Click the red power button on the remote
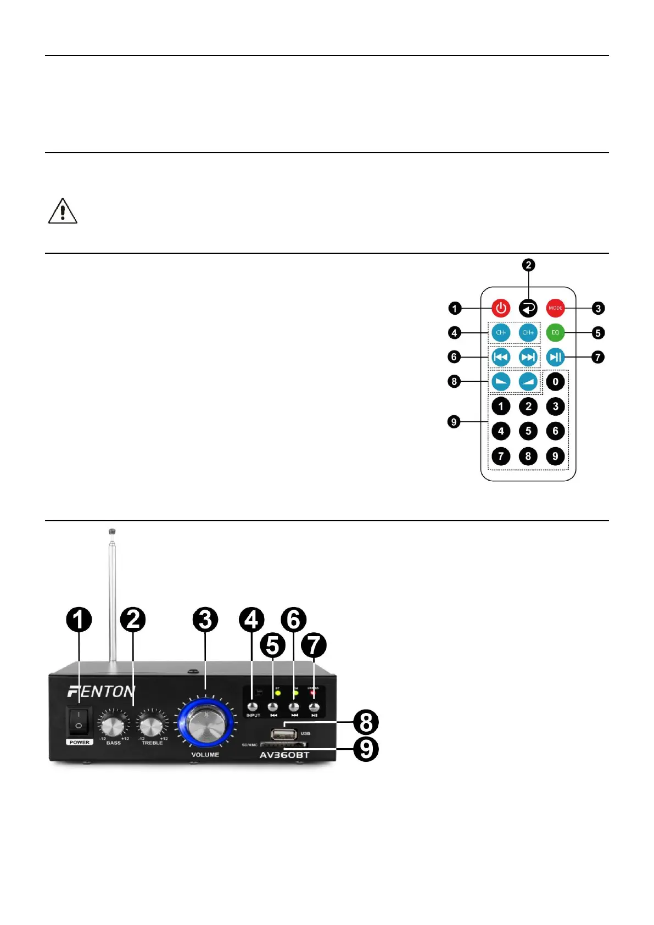click(501, 308)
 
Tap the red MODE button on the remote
click(555, 308)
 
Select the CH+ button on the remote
click(528, 332)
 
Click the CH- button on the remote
click(501, 332)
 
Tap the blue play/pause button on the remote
click(555, 357)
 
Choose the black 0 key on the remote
click(555, 381)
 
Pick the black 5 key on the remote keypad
click(528, 431)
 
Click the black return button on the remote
click(528, 308)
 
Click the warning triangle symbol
click(63, 211)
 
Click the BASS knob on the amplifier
click(113, 726)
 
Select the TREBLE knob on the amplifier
click(151, 726)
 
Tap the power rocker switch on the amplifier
click(79, 721)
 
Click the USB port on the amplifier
click(284, 734)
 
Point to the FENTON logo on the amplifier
click(102, 691)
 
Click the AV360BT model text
click(284, 755)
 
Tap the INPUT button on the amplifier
click(253, 707)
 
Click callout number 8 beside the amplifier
click(366, 722)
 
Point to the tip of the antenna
click(112, 532)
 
